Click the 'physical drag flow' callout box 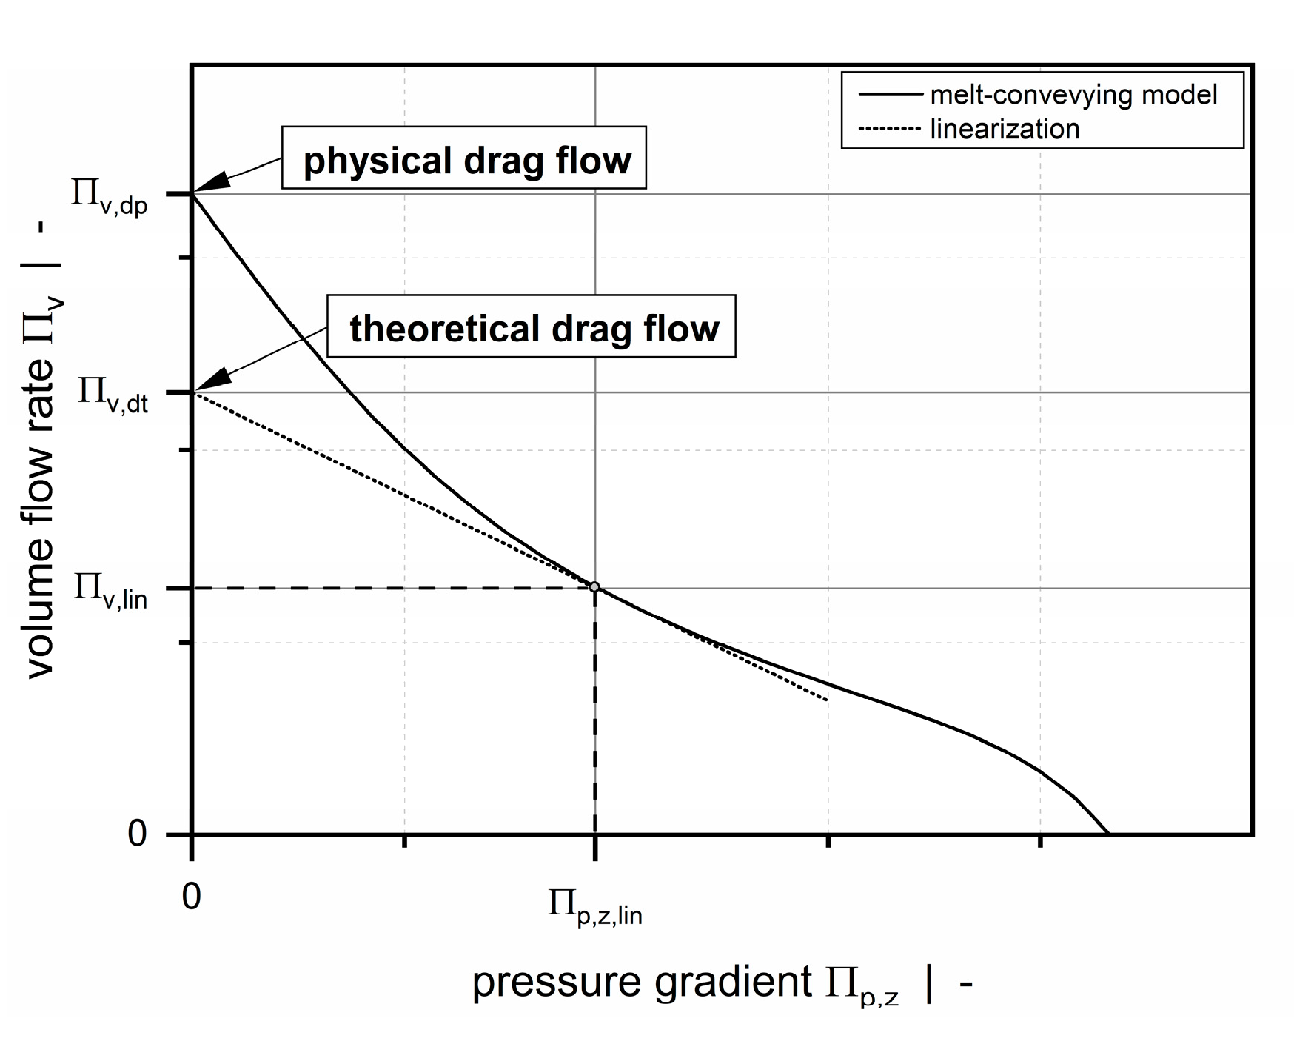click(x=464, y=158)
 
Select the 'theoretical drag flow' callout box click(x=532, y=327)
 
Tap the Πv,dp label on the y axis click(x=110, y=195)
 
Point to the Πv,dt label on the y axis click(x=113, y=393)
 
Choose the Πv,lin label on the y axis click(x=111, y=590)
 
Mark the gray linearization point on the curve click(x=594, y=587)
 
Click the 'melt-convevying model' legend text click(x=1073, y=95)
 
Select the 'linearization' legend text click(x=1004, y=129)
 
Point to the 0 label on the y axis click(x=137, y=834)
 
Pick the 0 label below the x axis click(x=191, y=897)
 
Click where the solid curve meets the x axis click(x=1108, y=834)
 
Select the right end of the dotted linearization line click(x=826, y=700)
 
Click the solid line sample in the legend click(x=889, y=95)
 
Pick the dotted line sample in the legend click(x=889, y=129)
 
